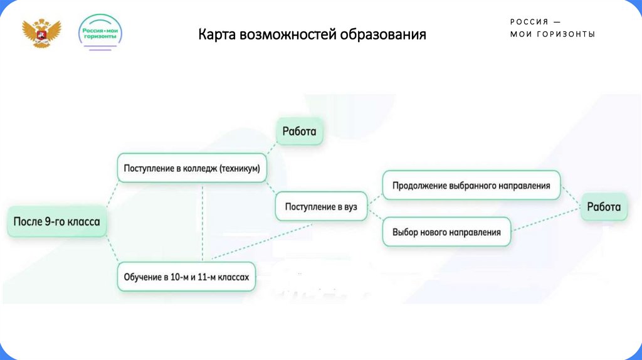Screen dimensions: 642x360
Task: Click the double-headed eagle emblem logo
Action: pos(42,33)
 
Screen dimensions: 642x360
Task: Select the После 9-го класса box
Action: pos(57,221)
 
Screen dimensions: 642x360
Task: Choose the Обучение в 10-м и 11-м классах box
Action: pos(187,277)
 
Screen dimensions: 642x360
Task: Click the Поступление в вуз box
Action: pos(321,206)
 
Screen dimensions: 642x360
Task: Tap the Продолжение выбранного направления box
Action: pos(471,186)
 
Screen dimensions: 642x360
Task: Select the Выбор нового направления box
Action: pos(446,232)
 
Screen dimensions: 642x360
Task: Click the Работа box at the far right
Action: pos(604,207)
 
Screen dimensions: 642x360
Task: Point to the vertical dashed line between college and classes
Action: pos(203,223)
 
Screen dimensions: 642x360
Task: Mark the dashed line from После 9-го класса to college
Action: pos(112,194)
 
